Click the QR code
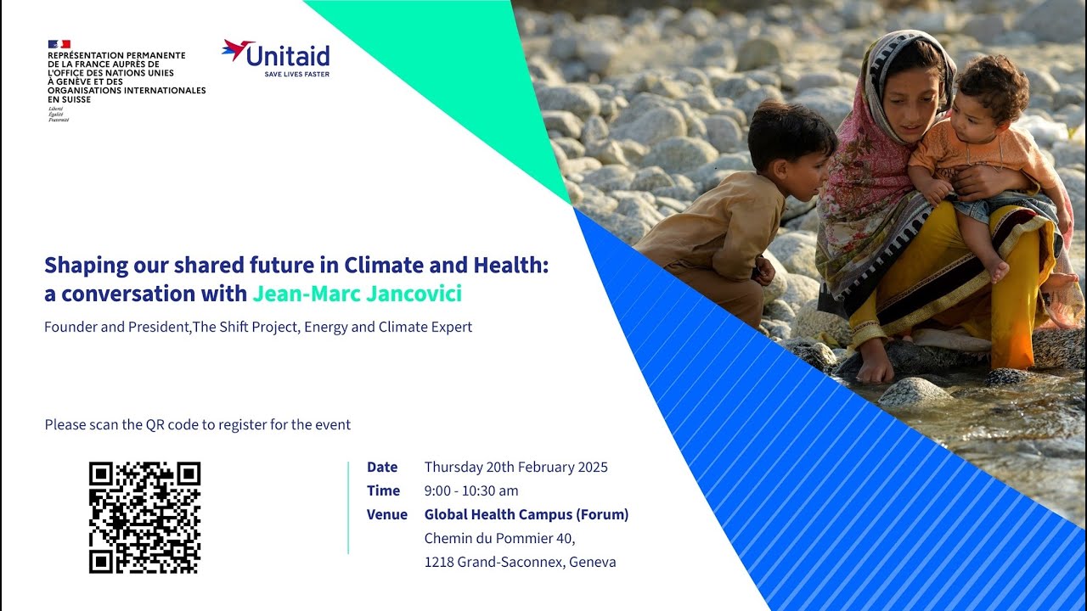[x=144, y=517]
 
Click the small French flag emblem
[x=59, y=44]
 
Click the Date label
[x=382, y=467]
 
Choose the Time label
[x=383, y=490]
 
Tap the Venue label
[x=387, y=514]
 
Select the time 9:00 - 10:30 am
[x=471, y=490]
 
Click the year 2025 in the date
[x=591, y=467]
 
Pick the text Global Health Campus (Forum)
[x=527, y=514]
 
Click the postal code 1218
[x=439, y=562]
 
